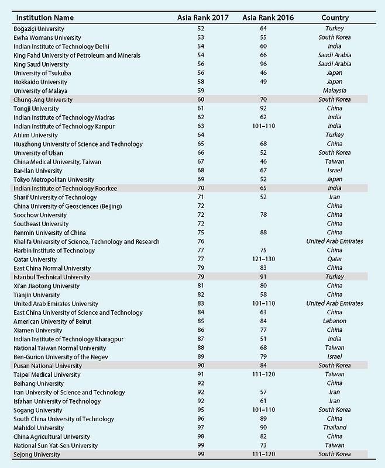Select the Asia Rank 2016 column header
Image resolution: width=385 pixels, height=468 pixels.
(268, 18)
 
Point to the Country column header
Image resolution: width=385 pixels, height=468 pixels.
(335, 18)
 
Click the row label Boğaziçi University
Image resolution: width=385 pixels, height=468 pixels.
(39, 29)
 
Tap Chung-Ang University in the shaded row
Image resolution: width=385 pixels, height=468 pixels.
(43, 100)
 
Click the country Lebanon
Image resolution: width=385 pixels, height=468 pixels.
(335, 321)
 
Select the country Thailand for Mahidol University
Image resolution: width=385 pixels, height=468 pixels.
(335, 428)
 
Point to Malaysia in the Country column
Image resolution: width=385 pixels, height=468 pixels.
(335, 91)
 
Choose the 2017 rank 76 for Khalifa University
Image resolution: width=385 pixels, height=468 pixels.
(201, 241)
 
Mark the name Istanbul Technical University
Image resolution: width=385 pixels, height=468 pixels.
(51, 277)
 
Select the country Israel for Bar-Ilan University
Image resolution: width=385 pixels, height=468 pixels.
(335, 171)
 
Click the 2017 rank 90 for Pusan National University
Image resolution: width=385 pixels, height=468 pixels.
(201, 366)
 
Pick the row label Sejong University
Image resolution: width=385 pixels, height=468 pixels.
(36, 454)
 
